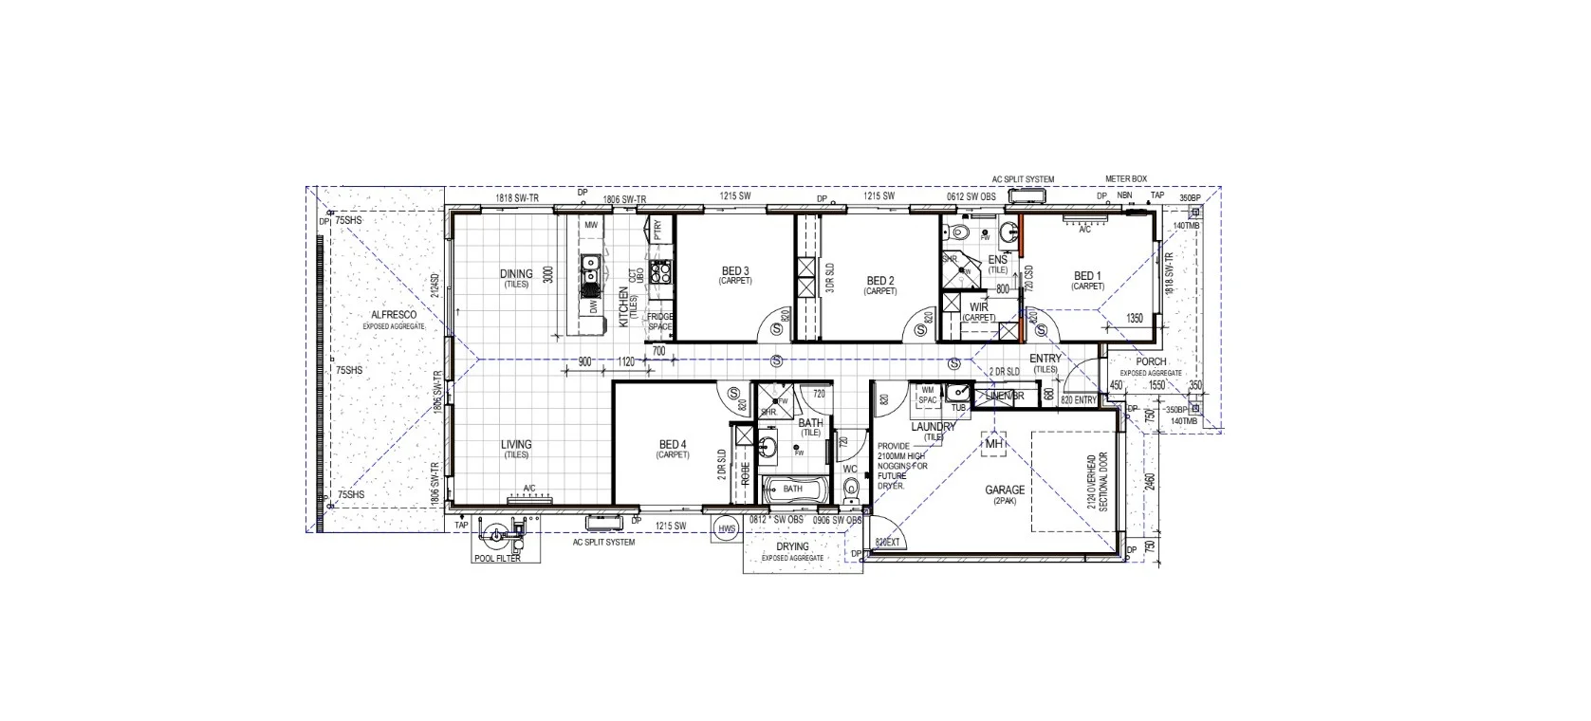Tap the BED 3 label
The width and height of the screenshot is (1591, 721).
[x=734, y=271]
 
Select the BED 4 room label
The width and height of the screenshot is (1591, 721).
[x=671, y=444]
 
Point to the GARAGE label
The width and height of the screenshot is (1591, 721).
[x=1004, y=490]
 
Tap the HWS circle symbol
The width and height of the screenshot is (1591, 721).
[x=728, y=529]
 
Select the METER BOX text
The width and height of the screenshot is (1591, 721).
[x=1126, y=178]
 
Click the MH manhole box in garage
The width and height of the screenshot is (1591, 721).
[x=993, y=444]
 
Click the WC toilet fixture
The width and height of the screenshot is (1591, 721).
[x=850, y=488]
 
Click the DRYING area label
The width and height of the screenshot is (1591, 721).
[x=792, y=546]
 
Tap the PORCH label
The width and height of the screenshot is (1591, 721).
[x=1151, y=361]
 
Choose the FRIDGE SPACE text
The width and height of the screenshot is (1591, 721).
[x=659, y=322]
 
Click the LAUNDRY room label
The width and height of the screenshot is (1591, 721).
[x=933, y=427]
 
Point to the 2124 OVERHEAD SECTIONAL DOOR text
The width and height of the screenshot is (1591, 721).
[x=1098, y=482]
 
